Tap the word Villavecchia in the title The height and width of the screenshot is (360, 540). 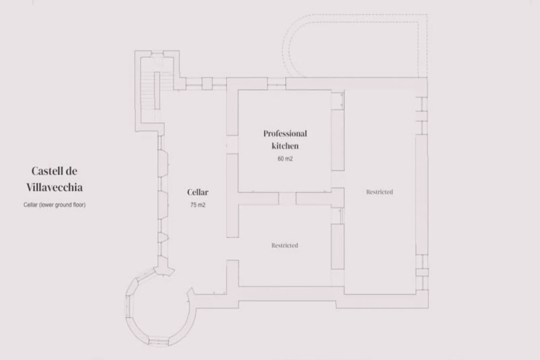click(x=54, y=187)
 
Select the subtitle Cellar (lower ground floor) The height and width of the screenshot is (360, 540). click(x=54, y=205)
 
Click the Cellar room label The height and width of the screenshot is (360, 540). click(x=198, y=192)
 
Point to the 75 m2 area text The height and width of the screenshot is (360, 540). click(x=198, y=205)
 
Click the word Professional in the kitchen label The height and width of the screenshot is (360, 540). click(x=285, y=134)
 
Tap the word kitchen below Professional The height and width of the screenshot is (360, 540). click(x=285, y=146)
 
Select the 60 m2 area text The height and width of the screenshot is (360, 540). click(x=285, y=159)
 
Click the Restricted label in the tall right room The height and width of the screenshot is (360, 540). click(x=379, y=192)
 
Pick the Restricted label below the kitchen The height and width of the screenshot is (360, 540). click(x=285, y=246)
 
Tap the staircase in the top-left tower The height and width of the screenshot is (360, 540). click(x=147, y=91)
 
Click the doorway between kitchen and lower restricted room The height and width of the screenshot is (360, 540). click(x=287, y=199)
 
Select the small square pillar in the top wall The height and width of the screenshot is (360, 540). click(x=207, y=83)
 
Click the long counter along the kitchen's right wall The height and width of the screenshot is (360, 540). click(x=337, y=140)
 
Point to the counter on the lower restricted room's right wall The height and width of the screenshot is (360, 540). click(x=337, y=246)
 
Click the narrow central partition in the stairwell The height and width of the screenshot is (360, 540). click(x=157, y=90)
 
